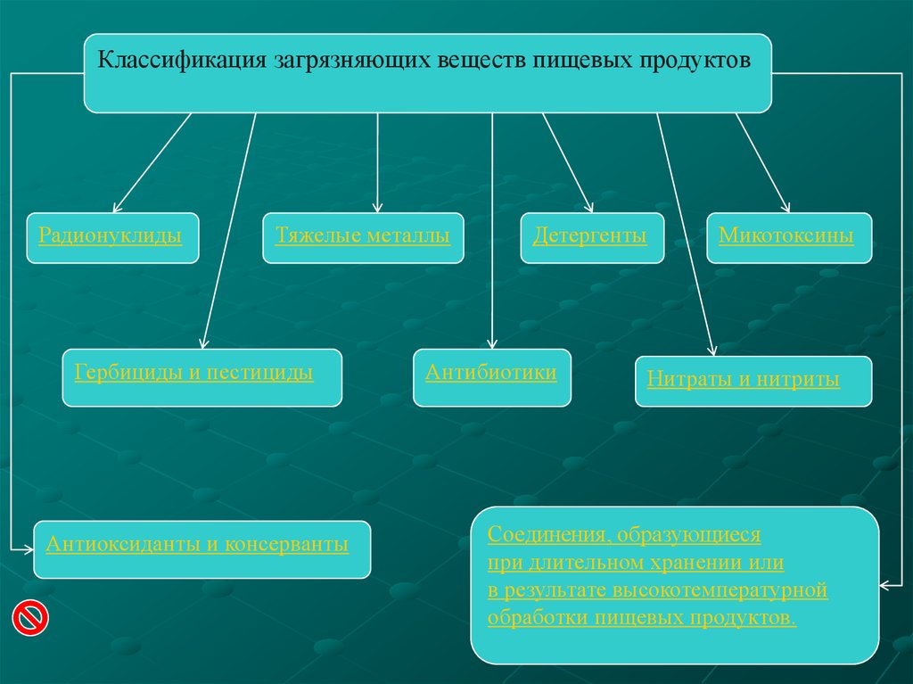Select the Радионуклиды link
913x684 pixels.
click(x=111, y=236)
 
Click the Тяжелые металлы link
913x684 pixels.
click(x=362, y=236)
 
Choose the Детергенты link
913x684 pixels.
click(x=589, y=236)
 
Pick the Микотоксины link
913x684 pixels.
click(x=786, y=236)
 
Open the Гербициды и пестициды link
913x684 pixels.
click(x=193, y=372)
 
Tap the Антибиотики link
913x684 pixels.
click(x=491, y=372)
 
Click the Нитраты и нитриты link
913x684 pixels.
click(x=744, y=380)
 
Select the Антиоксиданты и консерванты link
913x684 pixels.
click(x=197, y=543)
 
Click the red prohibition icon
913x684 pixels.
click(x=30, y=617)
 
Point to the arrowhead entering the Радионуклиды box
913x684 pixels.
click(x=117, y=209)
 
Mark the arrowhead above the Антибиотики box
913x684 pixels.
click(x=492, y=345)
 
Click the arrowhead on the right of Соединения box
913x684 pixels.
click(x=884, y=586)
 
